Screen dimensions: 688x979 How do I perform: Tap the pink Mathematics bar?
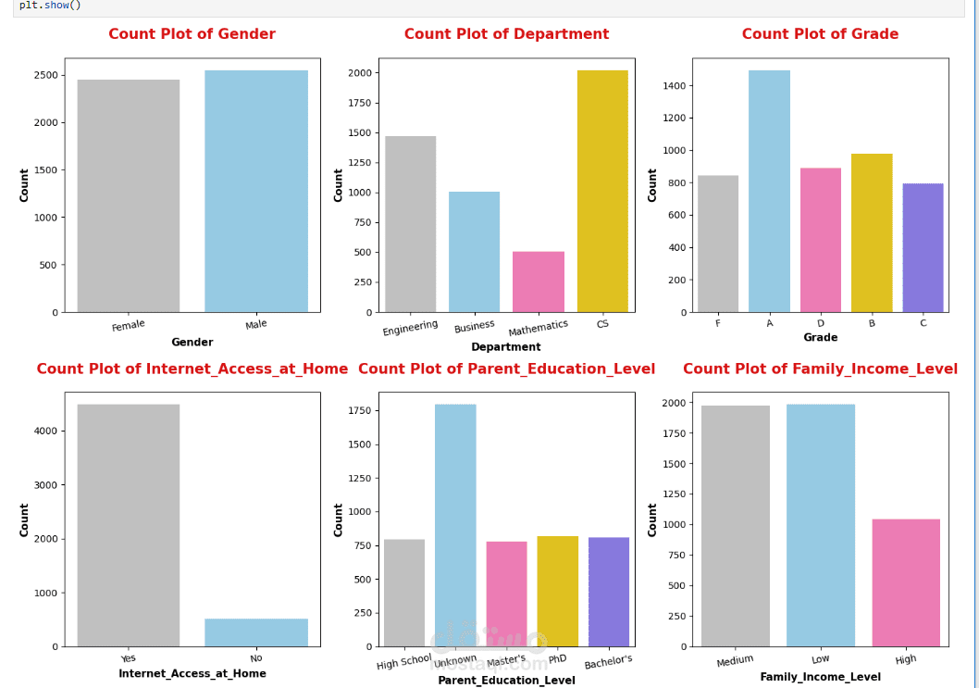(539, 282)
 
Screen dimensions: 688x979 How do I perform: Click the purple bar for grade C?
(923, 248)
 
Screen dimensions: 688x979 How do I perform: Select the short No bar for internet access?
(256, 632)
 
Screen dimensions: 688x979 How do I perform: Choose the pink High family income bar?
(906, 582)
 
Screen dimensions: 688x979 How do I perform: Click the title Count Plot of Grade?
(820, 34)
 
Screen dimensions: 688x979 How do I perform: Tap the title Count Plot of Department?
(506, 34)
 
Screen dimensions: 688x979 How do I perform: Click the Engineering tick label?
(410, 328)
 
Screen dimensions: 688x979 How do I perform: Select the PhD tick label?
(558, 659)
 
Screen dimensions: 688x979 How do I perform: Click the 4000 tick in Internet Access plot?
(45, 431)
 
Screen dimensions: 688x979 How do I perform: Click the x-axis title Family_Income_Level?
(820, 677)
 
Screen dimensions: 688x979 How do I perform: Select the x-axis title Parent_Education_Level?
(506, 681)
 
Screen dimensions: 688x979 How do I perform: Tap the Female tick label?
(129, 326)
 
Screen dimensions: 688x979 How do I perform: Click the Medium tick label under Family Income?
(736, 660)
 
